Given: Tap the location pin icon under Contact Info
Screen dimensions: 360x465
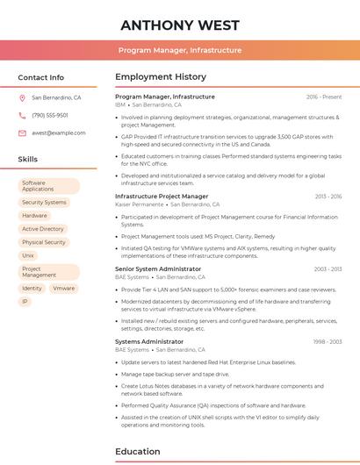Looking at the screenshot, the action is (x=22, y=97).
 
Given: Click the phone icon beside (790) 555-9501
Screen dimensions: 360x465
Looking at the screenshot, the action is (x=22, y=115).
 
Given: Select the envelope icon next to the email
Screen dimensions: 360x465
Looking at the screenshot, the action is (x=22, y=132).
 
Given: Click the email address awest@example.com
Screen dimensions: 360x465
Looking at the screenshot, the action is (x=58, y=132).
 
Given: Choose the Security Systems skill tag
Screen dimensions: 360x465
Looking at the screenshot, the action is (x=44, y=202).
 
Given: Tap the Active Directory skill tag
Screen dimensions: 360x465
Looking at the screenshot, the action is (x=43, y=228).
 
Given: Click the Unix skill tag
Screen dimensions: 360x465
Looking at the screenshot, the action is (x=28, y=254).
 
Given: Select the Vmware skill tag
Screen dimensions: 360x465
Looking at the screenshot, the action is (x=63, y=288).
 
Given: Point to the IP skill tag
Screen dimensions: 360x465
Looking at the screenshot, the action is (x=25, y=301).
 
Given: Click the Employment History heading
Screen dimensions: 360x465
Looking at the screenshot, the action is (x=161, y=77).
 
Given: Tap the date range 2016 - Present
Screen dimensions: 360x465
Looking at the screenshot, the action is (x=324, y=97).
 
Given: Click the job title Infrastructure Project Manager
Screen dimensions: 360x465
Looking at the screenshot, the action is (x=162, y=197).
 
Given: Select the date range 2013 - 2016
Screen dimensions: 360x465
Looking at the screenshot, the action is (x=328, y=197).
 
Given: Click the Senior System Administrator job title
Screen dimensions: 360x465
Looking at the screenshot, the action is (x=158, y=269).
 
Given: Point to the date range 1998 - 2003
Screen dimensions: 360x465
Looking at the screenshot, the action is (x=328, y=341).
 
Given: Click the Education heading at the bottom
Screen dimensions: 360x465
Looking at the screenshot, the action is (x=139, y=451).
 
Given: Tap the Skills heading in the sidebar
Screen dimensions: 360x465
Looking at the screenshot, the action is (x=28, y=159).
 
